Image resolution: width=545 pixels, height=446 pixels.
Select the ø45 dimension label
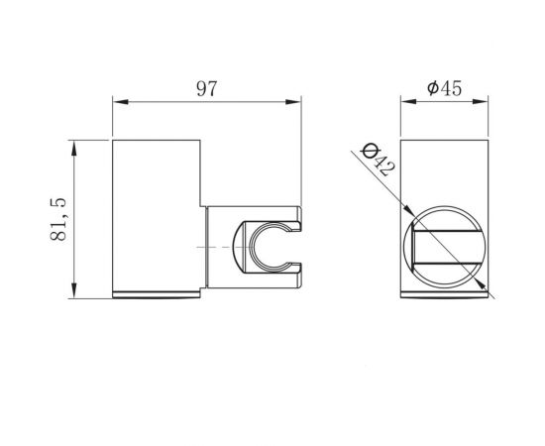445,87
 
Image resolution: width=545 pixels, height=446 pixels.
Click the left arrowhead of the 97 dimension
118,100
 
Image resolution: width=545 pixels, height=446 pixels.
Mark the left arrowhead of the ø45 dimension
405,100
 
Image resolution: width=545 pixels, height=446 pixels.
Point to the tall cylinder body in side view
159,218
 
